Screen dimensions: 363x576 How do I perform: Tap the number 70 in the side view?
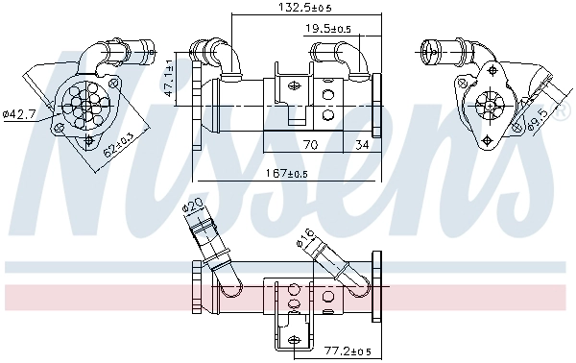pyautogui.click(x=310, y=146)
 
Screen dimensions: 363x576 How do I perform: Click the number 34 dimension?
pyautogui.click(x=361, y=146)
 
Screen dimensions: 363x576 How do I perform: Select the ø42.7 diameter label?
pyautogui.click(x=19, y=114)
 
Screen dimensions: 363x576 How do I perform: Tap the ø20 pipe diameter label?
pyautogui.click(x=192, y=207)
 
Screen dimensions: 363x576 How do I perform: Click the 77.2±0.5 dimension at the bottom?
pyautogui.click(x=346, y=351)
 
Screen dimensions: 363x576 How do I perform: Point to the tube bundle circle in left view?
pyautogui.click(x=84, y=99)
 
